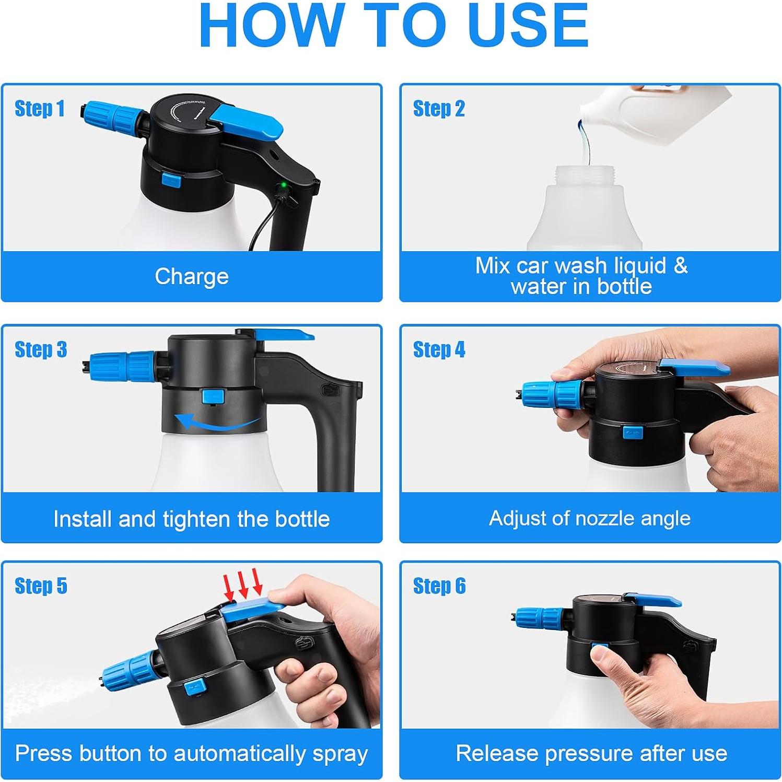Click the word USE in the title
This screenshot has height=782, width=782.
(528, 25)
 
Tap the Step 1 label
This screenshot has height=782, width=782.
(40, 109)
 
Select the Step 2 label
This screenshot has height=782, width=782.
(439, 109)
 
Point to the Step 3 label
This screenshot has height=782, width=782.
(41, 349)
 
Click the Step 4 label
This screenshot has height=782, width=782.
(439, 349)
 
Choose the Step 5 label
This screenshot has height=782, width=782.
(41, 586)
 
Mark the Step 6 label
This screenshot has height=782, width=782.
(439, 586)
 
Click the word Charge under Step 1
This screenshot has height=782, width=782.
(192, 277)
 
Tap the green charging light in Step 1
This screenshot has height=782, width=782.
(283, 185)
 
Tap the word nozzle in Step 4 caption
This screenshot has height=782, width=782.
(603, 518)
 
